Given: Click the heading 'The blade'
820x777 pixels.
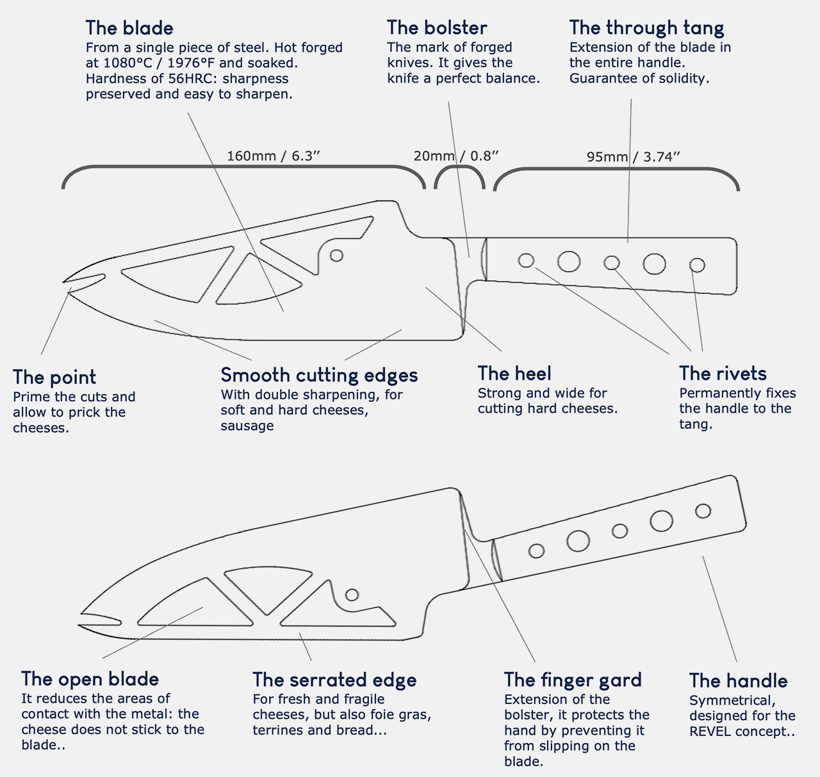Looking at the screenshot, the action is coord(129,28).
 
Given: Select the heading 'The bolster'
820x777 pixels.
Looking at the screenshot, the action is coord(437,28).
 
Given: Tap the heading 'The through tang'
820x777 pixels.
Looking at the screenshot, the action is coord(646,28).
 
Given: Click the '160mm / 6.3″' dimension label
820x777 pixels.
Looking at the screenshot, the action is coord(273,156).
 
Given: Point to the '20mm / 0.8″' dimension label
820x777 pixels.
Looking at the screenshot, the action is coord(456,156).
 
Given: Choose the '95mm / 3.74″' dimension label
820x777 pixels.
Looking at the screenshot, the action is coord(633,157).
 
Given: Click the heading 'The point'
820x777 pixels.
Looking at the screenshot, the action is coord(54,378).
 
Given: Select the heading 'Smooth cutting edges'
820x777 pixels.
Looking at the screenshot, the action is coord(319,376).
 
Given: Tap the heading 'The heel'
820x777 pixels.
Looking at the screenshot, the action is coord(514,374).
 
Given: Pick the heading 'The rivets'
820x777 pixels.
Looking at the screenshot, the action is coord(723,374).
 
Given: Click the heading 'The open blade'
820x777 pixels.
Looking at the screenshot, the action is coord(90,679).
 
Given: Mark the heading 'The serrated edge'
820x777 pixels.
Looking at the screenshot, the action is coord(334,680).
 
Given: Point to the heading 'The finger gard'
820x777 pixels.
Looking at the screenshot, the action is coord(573,680).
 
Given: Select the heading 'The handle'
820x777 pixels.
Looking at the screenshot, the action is coord(738,681).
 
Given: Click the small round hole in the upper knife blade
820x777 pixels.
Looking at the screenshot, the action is coord(336,255).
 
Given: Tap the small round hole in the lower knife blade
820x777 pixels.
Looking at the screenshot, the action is coord(352,595).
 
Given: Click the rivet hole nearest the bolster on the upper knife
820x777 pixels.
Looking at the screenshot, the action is coord(527,261).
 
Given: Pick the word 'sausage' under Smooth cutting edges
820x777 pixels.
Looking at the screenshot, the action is coord(247,426).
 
